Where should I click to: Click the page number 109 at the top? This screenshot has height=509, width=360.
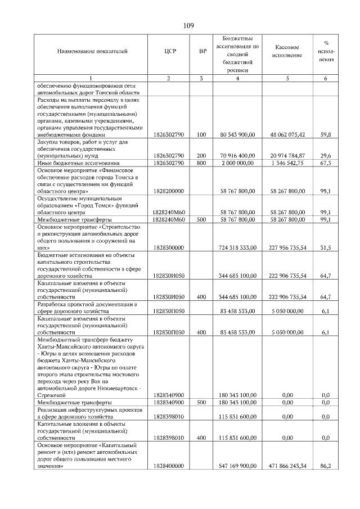(188, 25)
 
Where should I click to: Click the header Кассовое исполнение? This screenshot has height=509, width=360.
(287, 52)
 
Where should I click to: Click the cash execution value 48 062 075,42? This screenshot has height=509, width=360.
(287, 135)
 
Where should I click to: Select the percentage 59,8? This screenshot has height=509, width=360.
(325, 135)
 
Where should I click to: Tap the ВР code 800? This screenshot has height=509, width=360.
(202, 163)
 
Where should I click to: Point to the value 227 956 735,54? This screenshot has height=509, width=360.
(287, 247)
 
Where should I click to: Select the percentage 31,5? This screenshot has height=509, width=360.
(325, 247)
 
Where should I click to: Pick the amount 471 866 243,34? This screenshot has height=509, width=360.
(287, 466)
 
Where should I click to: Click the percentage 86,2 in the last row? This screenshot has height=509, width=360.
(325, 466)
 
